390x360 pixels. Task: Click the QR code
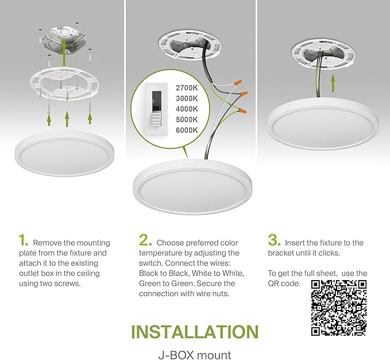338,308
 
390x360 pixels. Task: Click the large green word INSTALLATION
194,332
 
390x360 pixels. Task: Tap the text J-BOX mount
194,355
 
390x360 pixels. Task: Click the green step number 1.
23,240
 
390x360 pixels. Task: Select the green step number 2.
145,240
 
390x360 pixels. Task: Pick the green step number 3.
273,240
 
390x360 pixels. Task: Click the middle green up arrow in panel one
67,119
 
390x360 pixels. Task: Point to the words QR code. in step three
284,284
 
